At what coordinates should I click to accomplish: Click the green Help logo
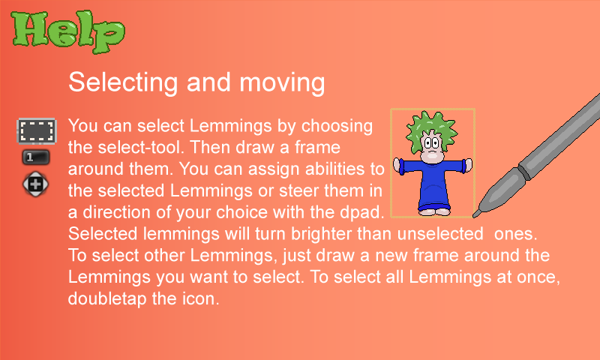68,31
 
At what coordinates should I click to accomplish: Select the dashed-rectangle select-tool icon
37,130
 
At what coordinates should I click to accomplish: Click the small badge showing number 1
36,157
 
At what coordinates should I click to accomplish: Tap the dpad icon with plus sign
35,184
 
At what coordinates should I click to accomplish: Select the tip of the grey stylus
475,215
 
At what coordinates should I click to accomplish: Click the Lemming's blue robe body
433,184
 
